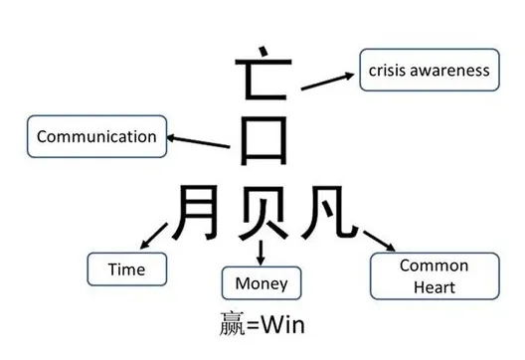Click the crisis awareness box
429,71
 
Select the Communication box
95,137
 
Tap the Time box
126,270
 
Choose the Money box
262,284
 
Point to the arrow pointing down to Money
262,253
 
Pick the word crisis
388,71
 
